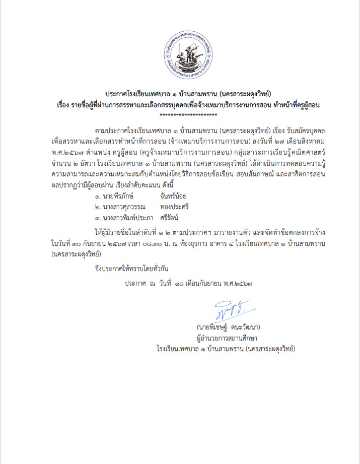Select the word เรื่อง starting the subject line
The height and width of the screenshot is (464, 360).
pos(66,105)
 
